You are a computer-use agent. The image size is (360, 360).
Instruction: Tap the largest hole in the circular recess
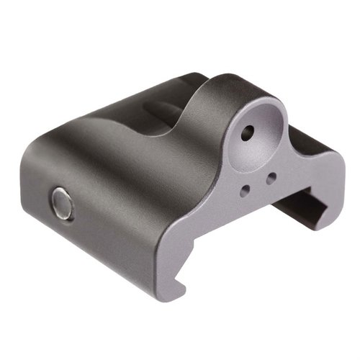pyautogui.click(x=248, y=132)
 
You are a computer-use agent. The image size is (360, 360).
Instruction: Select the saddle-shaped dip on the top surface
pyautogui.click(x=166, y=108)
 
